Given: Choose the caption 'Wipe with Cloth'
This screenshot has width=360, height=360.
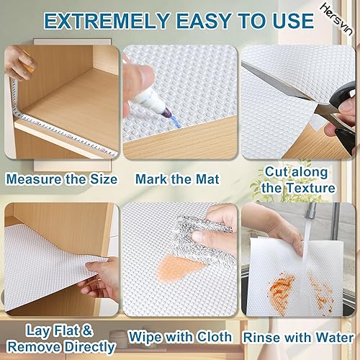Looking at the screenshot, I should tap(179, 337).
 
